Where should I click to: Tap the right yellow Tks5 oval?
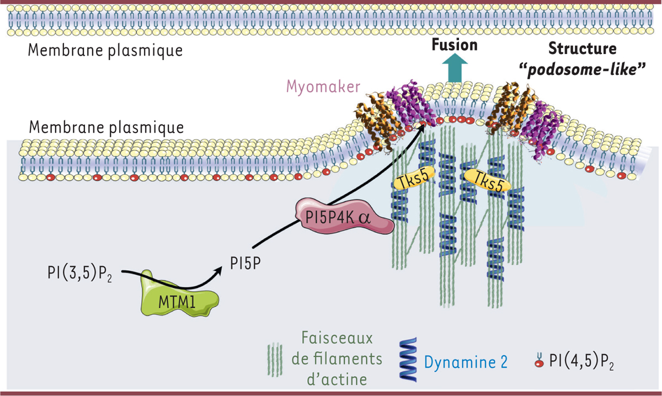[486, 182]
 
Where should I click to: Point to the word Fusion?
[455, 45]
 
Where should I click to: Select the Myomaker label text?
[323, 87]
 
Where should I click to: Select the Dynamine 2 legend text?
[466, 362]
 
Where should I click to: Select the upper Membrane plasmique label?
[105, 51]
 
